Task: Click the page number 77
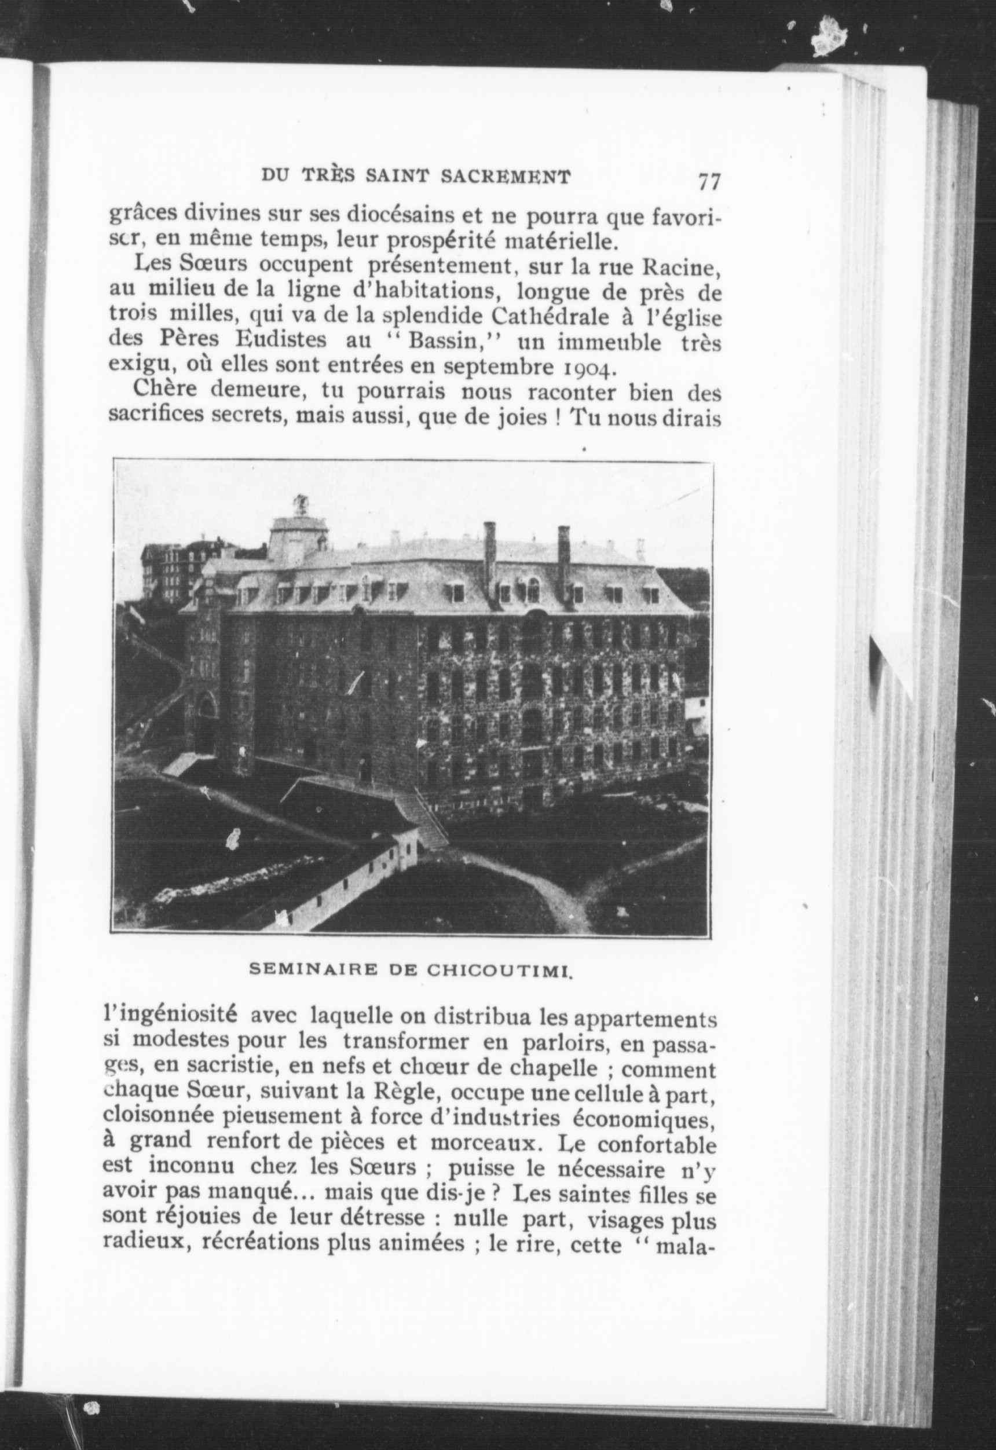click(x=709, y=182)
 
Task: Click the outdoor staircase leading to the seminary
click(x=422, y=819)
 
